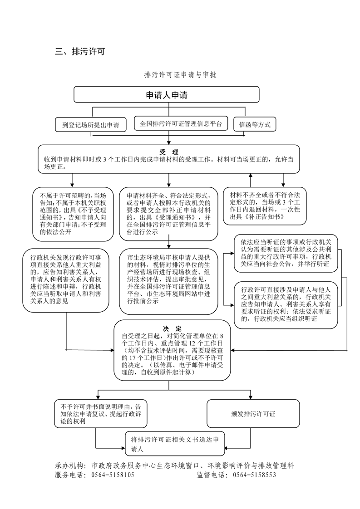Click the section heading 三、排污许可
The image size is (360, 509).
pyautogui.click(x=80, y=52)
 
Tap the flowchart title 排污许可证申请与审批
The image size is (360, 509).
pyautogui.click(x=180, y=75)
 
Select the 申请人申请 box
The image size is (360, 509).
pyautogui.click(x=167, y=95)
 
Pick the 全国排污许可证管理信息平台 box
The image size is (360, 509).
pyautogui.click(x=181, y=123)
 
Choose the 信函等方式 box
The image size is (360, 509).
pyautogui.click(x=254, y=124)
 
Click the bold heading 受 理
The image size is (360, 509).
pyautogui.click(x=169, y=152)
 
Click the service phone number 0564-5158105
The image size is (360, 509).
pyautogui.click(x=113, y=475)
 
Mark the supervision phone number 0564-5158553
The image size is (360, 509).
pyautogui.click(x=254, y=475)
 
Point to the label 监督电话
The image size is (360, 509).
pyautogui.click(x=212, y=475)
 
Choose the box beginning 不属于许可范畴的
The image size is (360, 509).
pyautogui.click(x=73, y=214)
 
